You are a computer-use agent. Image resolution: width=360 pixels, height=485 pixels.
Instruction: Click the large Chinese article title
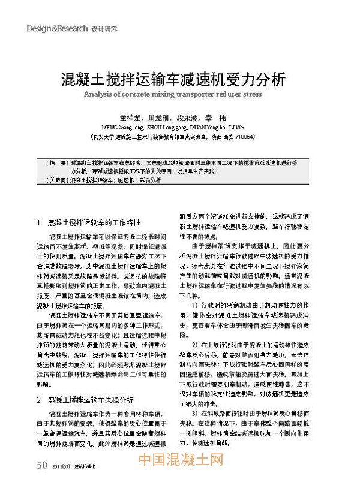point(174,79)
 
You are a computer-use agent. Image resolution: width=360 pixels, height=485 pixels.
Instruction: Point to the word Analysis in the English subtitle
point(98,94)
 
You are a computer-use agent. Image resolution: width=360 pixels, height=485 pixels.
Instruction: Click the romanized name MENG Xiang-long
point(122,128)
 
